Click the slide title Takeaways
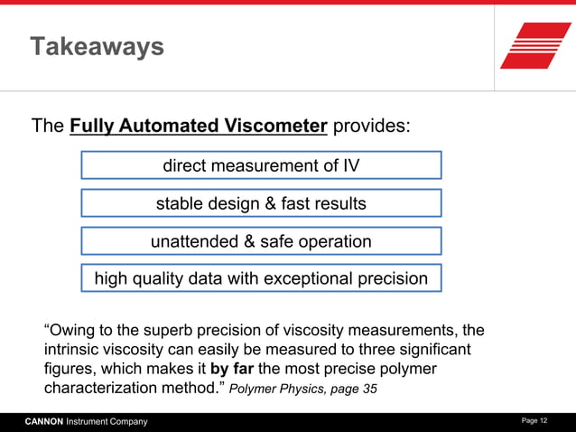coord(97,46)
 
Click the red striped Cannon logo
coord(535,45)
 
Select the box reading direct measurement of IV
coord(261,165)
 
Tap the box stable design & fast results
coord(261,203)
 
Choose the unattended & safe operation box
coord(261,241)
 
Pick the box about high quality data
coord(261,278)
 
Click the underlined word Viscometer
coord(274,126)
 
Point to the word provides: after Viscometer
coord(372,126)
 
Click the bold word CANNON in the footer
coord(43,422)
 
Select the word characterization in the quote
coord(101,389)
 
